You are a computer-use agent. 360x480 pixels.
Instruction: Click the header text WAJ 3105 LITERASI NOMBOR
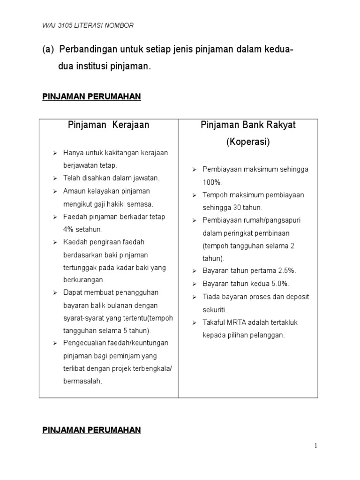88,25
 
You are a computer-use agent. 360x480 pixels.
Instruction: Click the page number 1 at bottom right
317,446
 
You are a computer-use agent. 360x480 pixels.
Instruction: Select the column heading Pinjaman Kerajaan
108,125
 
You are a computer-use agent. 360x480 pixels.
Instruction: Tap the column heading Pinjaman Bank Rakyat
248,125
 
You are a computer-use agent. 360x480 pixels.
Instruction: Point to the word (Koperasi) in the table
248,142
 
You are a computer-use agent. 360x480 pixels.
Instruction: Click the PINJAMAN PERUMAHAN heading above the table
91,97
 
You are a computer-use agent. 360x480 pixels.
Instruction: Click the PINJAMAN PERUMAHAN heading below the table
91,430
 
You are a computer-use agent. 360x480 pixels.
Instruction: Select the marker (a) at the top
48,50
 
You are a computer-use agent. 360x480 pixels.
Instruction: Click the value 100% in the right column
213,182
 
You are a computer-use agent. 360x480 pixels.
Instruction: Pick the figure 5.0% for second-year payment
280,284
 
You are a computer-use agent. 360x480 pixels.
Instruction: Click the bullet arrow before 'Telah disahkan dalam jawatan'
54,178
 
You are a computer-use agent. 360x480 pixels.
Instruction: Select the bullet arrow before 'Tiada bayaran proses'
194,297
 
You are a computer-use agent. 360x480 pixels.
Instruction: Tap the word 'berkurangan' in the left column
84,280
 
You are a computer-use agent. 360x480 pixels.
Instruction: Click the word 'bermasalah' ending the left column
82,381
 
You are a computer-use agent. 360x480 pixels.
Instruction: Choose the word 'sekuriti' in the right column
215,310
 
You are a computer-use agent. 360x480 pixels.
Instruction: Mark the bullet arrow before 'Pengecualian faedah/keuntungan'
54,343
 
